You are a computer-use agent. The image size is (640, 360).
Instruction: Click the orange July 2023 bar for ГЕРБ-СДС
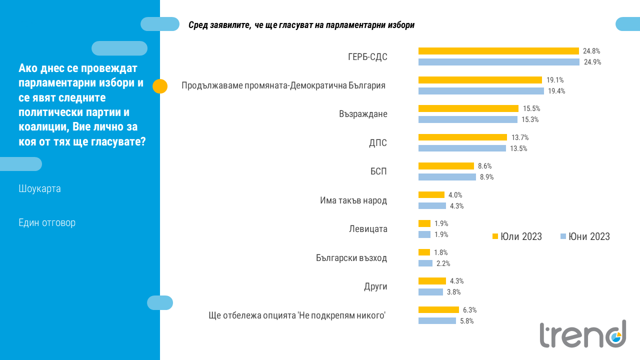[x=498, y=51]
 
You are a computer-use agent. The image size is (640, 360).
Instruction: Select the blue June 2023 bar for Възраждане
[x=467, y=119]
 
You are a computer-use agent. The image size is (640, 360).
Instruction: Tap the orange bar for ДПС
[x=462, y=137]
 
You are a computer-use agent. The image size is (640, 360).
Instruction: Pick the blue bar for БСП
[x=447, y=177]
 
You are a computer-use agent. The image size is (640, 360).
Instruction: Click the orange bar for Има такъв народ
[x=431, y=195]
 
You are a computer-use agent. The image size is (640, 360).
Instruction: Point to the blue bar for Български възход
[x=425, y=263]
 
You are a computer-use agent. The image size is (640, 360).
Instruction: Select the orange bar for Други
[x=432, y=281]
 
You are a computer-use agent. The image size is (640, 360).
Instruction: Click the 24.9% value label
[x=592, y=62]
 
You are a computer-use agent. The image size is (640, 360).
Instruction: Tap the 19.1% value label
[x=555, y=80]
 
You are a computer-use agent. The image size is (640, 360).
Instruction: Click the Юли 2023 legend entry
[x=517, y=236]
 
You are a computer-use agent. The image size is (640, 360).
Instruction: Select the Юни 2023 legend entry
[x=585, y=236]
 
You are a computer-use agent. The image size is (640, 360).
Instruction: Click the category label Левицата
[x=368, y=229]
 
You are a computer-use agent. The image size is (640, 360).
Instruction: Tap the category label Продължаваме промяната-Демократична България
[x=283, y=85]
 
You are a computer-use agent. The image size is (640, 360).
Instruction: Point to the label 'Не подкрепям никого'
[x=297, y=315]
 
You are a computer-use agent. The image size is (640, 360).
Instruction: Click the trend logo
[x=582, y=333]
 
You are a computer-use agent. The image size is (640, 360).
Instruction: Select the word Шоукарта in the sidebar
[x=39, y=189]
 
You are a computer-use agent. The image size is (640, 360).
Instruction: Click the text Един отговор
[x=47, y=222]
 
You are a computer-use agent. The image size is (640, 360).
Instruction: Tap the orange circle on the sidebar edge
[x=159, y=86]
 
